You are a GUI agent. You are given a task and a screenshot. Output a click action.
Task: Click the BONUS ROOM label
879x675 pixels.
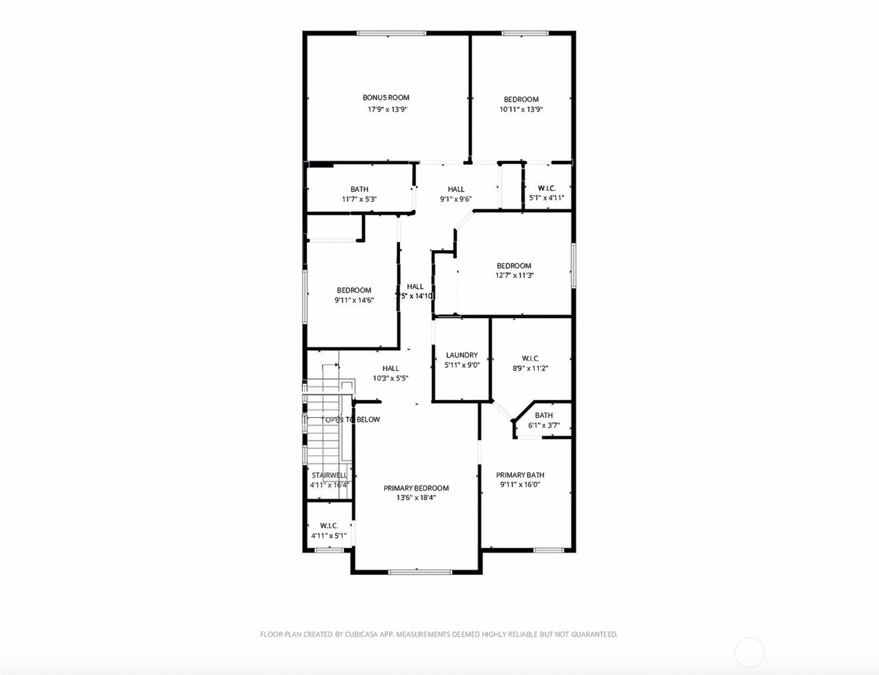tap(386, 97)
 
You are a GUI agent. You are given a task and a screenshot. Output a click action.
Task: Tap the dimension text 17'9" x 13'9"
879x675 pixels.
tap(387, 110)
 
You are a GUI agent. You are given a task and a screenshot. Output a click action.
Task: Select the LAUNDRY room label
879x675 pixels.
tap(462, 355)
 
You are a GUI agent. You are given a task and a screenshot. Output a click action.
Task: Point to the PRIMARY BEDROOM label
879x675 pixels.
tap(416, 488)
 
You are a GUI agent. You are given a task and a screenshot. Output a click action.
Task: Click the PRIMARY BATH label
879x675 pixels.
tap(520, 474)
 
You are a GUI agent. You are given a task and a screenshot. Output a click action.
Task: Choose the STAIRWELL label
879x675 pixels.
tap(329, 475)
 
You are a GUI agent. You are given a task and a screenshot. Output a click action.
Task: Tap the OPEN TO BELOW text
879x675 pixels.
tap(353, 419)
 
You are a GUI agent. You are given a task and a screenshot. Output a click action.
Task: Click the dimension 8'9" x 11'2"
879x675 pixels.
tap(530, 368)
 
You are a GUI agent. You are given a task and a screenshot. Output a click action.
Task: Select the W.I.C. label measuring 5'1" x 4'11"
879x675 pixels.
tap(546, 188)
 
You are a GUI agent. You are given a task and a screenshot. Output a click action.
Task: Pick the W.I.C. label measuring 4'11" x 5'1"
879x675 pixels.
tap(329, 525)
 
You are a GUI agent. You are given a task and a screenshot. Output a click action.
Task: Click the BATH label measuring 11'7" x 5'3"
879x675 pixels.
tap(359, 189)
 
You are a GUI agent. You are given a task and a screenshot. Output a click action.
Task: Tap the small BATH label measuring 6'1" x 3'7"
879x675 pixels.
tap(544, 415)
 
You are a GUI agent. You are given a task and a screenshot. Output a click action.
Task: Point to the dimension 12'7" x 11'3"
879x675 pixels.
tap(515, 275)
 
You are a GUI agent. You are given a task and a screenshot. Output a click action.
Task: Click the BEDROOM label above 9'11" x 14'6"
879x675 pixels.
tap(354, 290)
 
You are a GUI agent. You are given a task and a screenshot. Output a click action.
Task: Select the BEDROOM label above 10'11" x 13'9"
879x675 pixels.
tap(521, 99)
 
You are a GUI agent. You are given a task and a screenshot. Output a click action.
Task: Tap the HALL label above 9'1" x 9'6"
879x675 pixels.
tap(456, 189)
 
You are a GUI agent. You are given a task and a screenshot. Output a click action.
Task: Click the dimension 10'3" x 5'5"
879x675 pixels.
tap(391, 378)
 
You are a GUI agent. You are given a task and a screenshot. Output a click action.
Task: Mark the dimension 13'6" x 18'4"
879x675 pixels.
tap(416, 498)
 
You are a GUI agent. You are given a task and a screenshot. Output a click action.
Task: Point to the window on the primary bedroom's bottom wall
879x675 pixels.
tap(420, 572)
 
